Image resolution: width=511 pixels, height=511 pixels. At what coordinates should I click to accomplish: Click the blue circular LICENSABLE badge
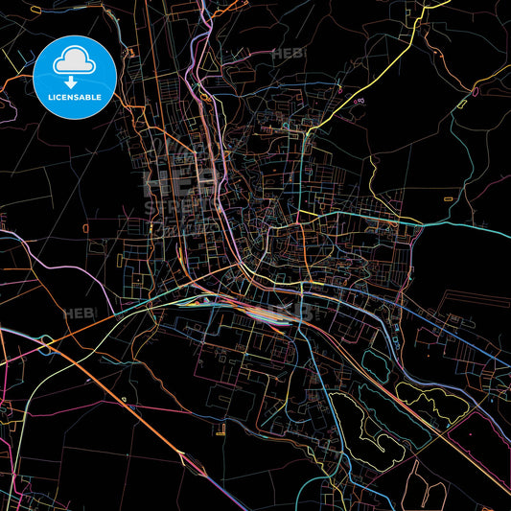75,78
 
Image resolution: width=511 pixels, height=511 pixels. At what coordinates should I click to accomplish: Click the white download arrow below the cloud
71,83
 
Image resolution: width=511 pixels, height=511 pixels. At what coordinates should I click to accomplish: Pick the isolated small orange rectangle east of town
449,197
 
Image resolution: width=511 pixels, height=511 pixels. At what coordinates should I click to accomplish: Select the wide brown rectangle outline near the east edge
470,315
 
